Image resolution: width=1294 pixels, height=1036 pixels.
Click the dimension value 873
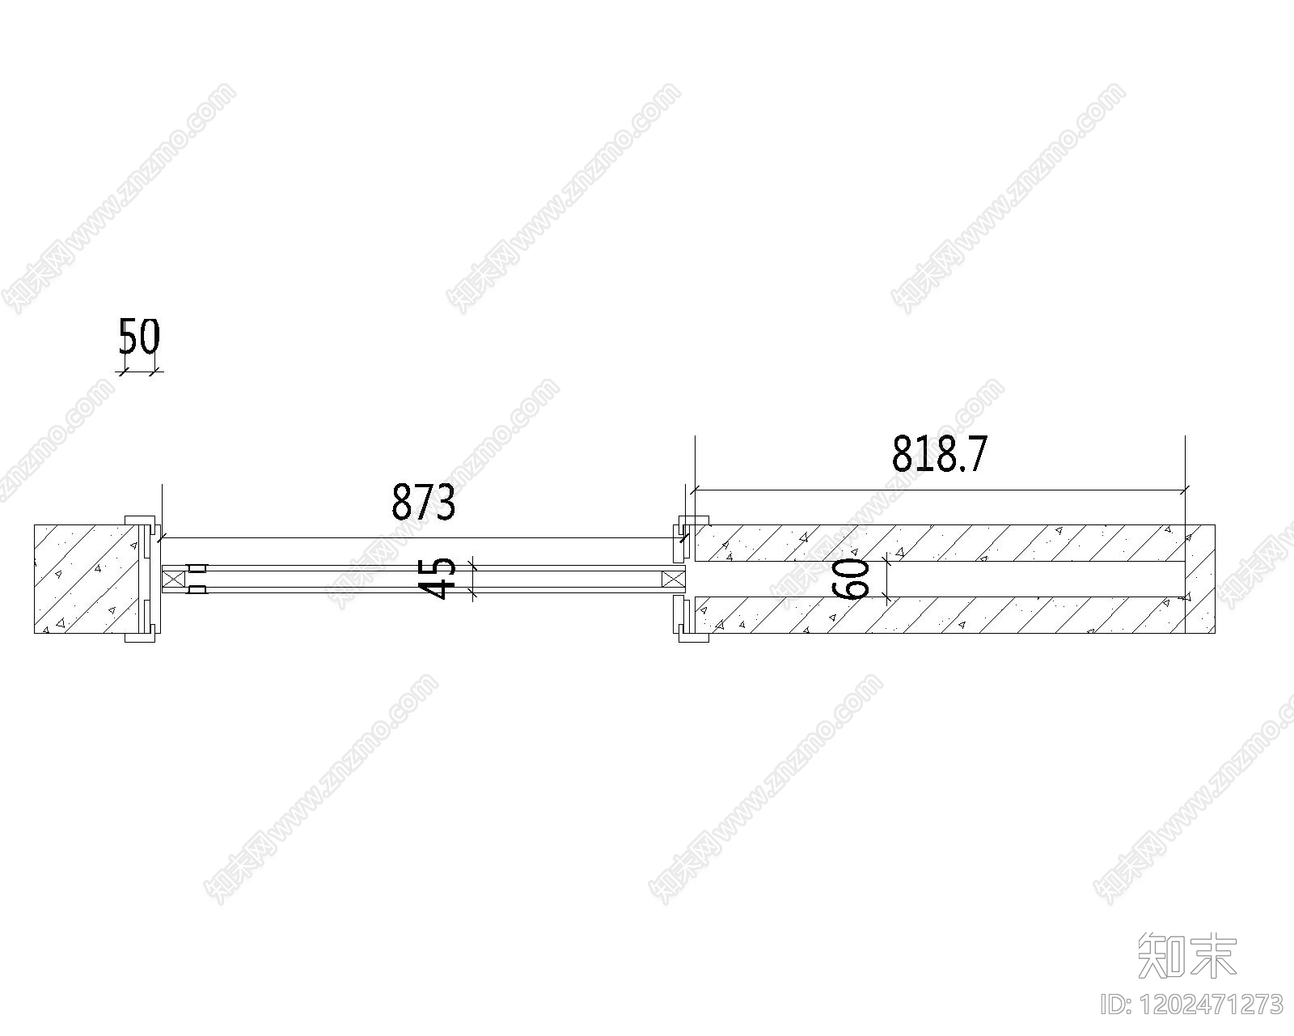pyautogui.click(x=423, y=502)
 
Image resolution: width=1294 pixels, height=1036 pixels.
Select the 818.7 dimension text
pyautogui.click(x=939, y=454)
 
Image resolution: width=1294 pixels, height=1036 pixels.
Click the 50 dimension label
pyautogui.click(x=139, y=337)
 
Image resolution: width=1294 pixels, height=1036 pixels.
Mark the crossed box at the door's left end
pyautogui.click(x=171, y=579)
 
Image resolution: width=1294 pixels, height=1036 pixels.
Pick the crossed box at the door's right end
pyautogui.click(x=674, y=579)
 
